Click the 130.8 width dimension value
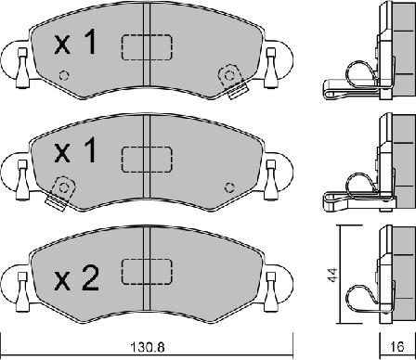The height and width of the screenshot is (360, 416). [147, 347]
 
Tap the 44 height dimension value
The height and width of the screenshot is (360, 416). [333, 275]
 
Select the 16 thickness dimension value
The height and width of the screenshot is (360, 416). [396, 347]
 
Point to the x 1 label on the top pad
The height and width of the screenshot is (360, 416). [75, 44]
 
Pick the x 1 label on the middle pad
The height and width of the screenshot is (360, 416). [75, 150]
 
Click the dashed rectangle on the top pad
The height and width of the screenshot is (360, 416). [147, 47]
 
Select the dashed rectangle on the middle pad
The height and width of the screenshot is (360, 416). [147, 160]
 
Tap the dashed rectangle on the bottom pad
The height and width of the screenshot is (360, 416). [147, 272]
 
